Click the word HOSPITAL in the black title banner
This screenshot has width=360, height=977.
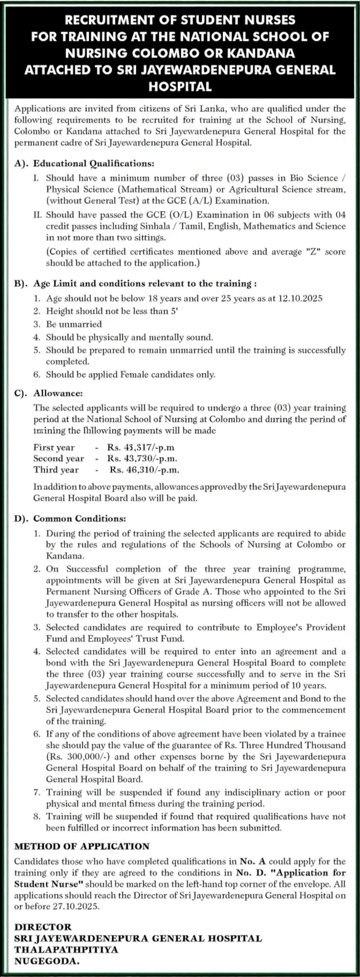(x=180, y=87)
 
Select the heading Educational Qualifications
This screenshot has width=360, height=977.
(x=94, y=164)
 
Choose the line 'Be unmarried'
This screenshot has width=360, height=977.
(x=74, y=324)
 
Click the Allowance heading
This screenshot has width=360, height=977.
(x=58, y=393)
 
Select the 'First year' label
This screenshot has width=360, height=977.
(x=54, y=447)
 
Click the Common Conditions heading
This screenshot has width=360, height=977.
(x=79, y=519)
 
